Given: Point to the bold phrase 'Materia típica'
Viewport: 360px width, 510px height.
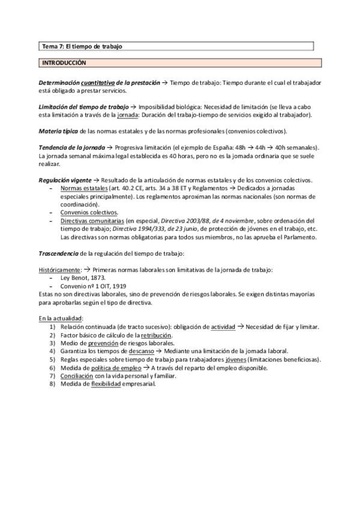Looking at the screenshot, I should click(x=55, y=131).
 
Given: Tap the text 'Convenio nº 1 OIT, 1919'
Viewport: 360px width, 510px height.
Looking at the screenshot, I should click(x=94, y=286).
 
